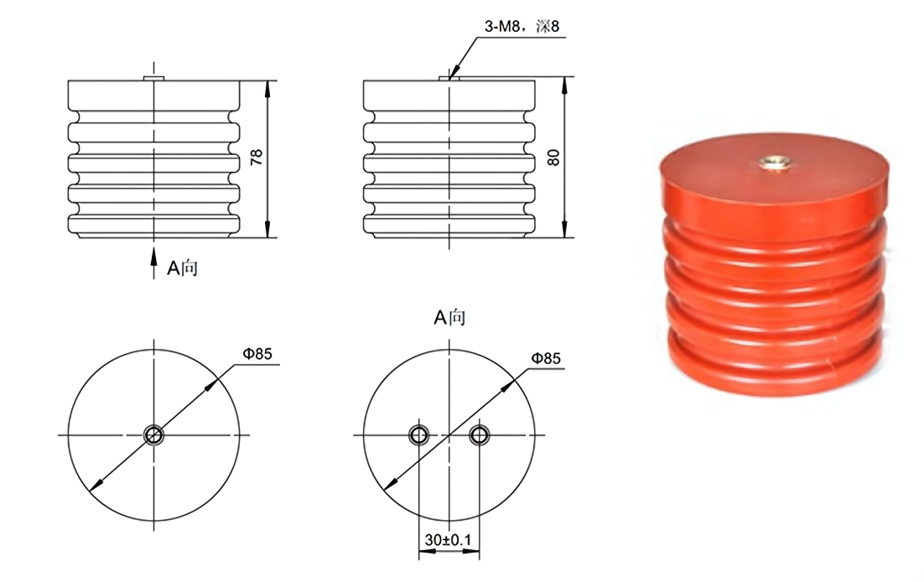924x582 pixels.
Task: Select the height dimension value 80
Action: point(553,157)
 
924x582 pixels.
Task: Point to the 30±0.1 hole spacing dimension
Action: point(449,542)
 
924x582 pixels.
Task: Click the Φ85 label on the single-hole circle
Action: point(257,354)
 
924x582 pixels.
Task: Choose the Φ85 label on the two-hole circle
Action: point(545,359)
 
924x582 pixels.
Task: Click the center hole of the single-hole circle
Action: point(153,434)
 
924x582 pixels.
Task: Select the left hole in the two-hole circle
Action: point(418,434)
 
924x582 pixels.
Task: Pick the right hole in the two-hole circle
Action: point(479,434)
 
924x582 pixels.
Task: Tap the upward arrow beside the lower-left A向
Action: point(153,261)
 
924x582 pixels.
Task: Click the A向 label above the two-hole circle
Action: point(449,317)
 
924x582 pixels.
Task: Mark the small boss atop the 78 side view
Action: point(153,78)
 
